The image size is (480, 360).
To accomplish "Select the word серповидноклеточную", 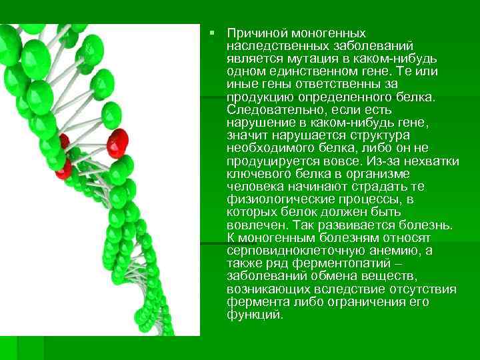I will tap(292, 251).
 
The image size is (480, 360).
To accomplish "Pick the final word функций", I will tap(255, 315).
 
